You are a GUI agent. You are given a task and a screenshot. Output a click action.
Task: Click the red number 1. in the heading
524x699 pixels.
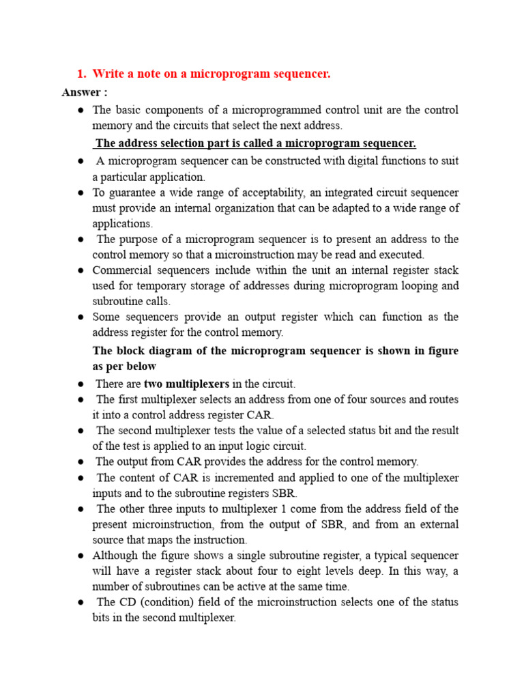(x=81, y=74)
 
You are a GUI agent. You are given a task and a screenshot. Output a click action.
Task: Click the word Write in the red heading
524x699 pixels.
(x=107, y=74)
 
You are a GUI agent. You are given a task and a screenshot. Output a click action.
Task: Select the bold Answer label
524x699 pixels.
(x=84, y=92)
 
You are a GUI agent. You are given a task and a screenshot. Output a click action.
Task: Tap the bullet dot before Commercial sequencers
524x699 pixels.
(x=80, y=270)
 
